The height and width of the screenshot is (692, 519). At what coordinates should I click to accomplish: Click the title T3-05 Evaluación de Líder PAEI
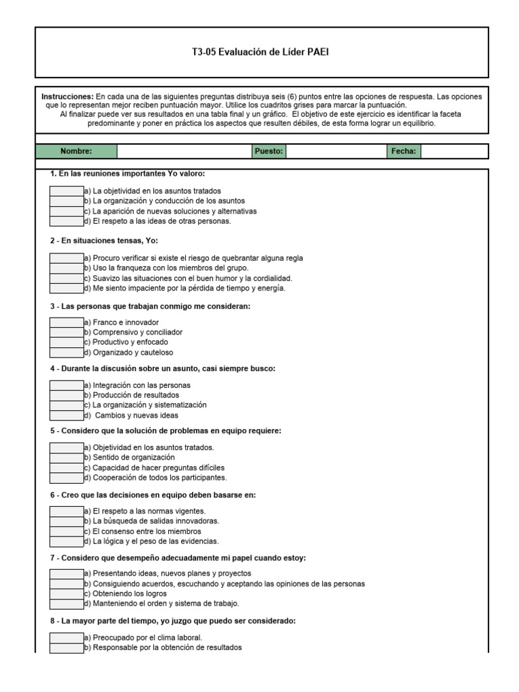(261, 52)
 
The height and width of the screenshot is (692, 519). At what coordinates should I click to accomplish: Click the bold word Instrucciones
(67, 97)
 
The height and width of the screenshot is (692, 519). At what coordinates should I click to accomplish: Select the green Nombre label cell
(76, 151)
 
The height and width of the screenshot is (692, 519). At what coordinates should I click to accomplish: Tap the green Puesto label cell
(269, 151)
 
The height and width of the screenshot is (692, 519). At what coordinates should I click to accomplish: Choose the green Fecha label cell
(403, 151)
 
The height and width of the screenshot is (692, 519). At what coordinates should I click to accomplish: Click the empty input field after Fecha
(453, 151)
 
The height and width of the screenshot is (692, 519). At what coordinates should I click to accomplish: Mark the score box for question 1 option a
(67, 191)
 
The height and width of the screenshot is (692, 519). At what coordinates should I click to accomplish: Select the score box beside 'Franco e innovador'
(67, 322)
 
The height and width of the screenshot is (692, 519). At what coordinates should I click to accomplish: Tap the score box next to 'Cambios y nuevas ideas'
(67, 415)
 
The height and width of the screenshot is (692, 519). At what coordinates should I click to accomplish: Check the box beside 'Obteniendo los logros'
(67, 593)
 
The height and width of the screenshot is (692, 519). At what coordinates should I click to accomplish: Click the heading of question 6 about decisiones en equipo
(152, 495)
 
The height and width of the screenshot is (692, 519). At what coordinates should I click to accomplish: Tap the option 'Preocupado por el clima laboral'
(147, 637)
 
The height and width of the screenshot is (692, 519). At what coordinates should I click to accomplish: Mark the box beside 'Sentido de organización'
(67, 458)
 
